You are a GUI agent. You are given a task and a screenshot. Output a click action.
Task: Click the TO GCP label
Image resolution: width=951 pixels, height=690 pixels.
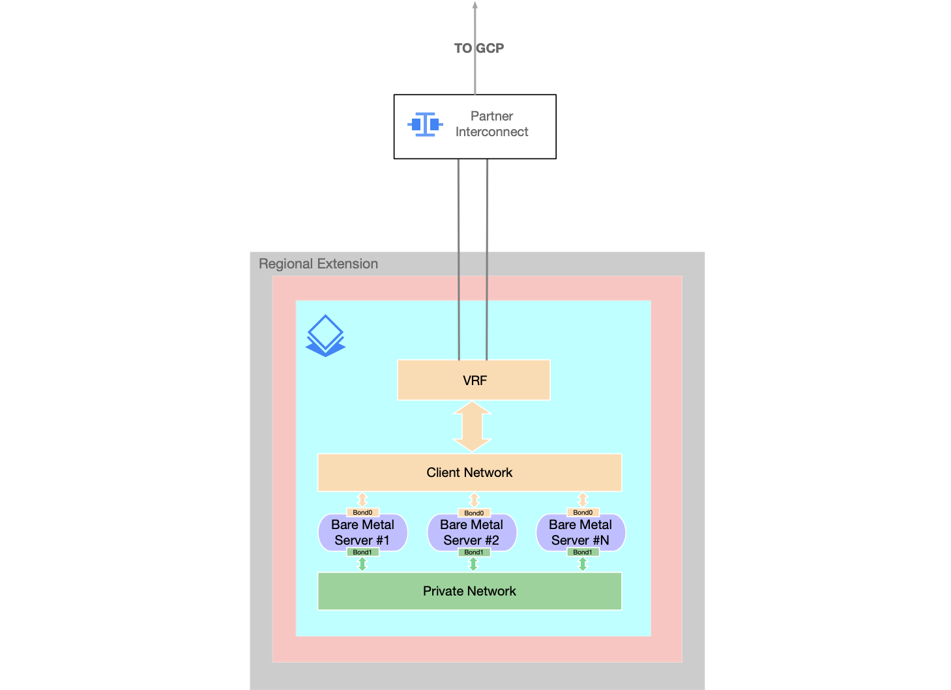coord(478,48)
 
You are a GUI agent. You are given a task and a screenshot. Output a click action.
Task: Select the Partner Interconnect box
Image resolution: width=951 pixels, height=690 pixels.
coord(475,126)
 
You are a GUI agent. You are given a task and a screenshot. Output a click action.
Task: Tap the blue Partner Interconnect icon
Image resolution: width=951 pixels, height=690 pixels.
coord(425,124)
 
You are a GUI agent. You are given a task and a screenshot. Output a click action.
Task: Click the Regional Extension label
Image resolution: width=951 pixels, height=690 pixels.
coord(318,264)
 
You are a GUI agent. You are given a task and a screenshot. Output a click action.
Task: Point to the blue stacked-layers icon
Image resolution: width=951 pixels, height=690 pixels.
coord(325,336)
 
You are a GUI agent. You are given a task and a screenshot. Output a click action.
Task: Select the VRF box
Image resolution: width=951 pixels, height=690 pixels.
coord(474,381)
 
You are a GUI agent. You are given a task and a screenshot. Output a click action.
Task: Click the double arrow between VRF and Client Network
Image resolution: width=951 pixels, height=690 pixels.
coord(472,427)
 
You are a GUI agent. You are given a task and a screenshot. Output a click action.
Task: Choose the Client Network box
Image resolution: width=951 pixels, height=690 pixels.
coord(469,472)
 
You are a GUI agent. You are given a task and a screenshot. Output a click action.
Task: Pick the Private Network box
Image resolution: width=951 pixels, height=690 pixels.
coord(469,591)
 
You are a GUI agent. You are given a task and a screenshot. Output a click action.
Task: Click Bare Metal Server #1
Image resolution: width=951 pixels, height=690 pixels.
coord(362,532)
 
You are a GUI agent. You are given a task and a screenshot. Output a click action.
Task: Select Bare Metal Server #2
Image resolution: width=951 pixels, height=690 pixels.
coord(471,532)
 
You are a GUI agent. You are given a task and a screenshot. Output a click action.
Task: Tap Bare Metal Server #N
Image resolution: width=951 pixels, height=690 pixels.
coord(580,532)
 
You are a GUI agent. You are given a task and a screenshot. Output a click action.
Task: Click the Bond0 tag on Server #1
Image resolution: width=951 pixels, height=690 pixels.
coord(362,513)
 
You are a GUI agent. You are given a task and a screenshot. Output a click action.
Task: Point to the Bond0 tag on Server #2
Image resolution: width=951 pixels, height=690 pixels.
coord(474,513)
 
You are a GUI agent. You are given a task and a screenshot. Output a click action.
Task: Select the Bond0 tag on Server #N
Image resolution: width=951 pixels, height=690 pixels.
coord(583,513)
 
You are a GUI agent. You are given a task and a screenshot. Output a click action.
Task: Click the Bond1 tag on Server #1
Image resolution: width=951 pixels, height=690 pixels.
coord(362,553)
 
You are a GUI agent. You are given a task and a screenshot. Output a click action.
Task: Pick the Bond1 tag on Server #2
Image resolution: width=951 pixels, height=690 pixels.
coord(474,553)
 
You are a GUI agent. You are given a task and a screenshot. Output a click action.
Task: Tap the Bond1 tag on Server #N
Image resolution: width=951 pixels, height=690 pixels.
coord(583,553)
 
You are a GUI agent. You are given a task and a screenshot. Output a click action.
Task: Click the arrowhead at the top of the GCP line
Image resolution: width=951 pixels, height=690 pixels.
coord(475,5)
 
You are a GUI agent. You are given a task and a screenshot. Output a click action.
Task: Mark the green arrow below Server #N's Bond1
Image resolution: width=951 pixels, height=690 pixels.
coord(583,564)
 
